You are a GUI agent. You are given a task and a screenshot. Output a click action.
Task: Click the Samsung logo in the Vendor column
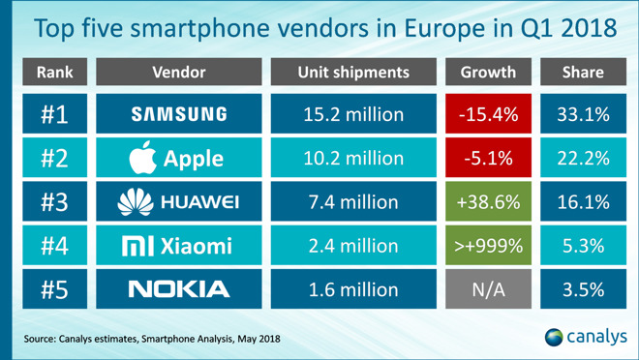click(x=179, y=115)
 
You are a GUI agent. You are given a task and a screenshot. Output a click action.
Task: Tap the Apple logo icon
click(x=143, y=158)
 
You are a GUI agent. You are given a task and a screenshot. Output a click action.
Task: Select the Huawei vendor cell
click(x=179, y=202)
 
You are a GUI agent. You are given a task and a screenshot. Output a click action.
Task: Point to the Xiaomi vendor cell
click(x=179, y=246)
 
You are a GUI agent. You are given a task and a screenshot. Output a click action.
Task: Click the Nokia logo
click(x=179, y=289)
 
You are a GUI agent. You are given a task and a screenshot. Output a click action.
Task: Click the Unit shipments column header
click(x=352, y=73)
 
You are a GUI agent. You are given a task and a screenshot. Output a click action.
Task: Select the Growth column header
click(x=488, y=73)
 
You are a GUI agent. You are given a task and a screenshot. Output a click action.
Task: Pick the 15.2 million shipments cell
click(x=352, y=115)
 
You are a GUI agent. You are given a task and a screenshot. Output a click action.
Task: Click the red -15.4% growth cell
click(x=488, y=115)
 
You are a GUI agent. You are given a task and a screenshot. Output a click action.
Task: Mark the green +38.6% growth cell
click(x=488, y=202)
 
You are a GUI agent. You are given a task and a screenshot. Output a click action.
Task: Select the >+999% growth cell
click(x=488, y=246)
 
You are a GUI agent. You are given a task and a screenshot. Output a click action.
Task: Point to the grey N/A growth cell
click(x=488, y=289)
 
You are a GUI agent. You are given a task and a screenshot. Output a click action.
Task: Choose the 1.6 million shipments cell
click(x=352, y=289)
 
